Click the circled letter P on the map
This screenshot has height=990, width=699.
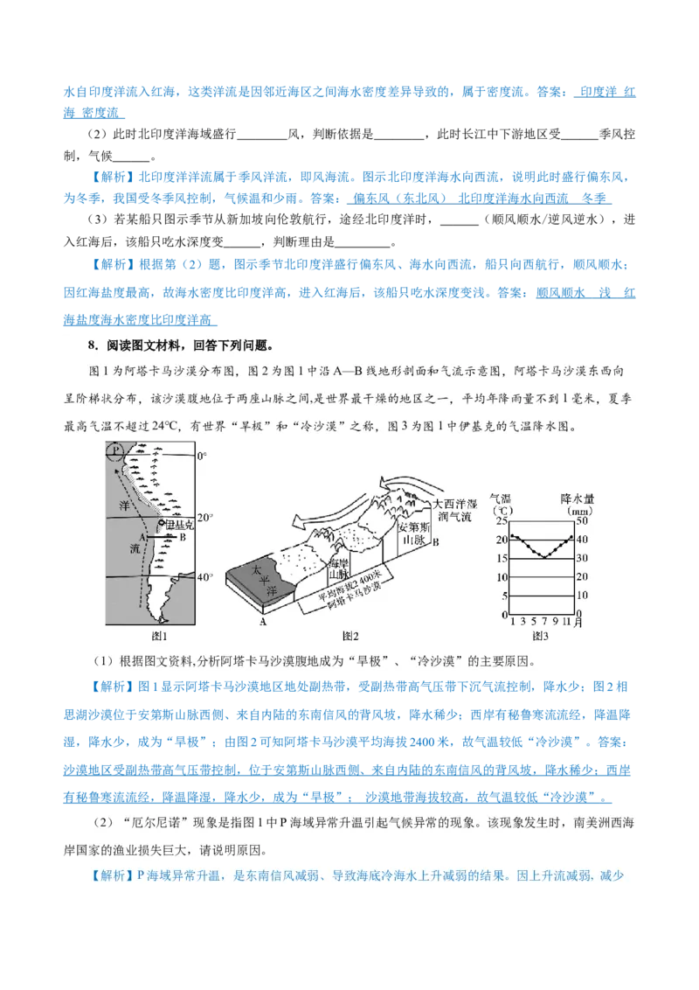(x=114, y=451)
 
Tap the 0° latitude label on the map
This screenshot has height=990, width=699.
(x=201, y=457)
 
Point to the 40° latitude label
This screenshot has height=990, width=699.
(x=204, y=577)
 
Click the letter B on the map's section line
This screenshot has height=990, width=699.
(x=182, y=539)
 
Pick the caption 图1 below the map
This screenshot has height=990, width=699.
(x=159, y=634)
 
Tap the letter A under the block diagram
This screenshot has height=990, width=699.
(x=262, y=623)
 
